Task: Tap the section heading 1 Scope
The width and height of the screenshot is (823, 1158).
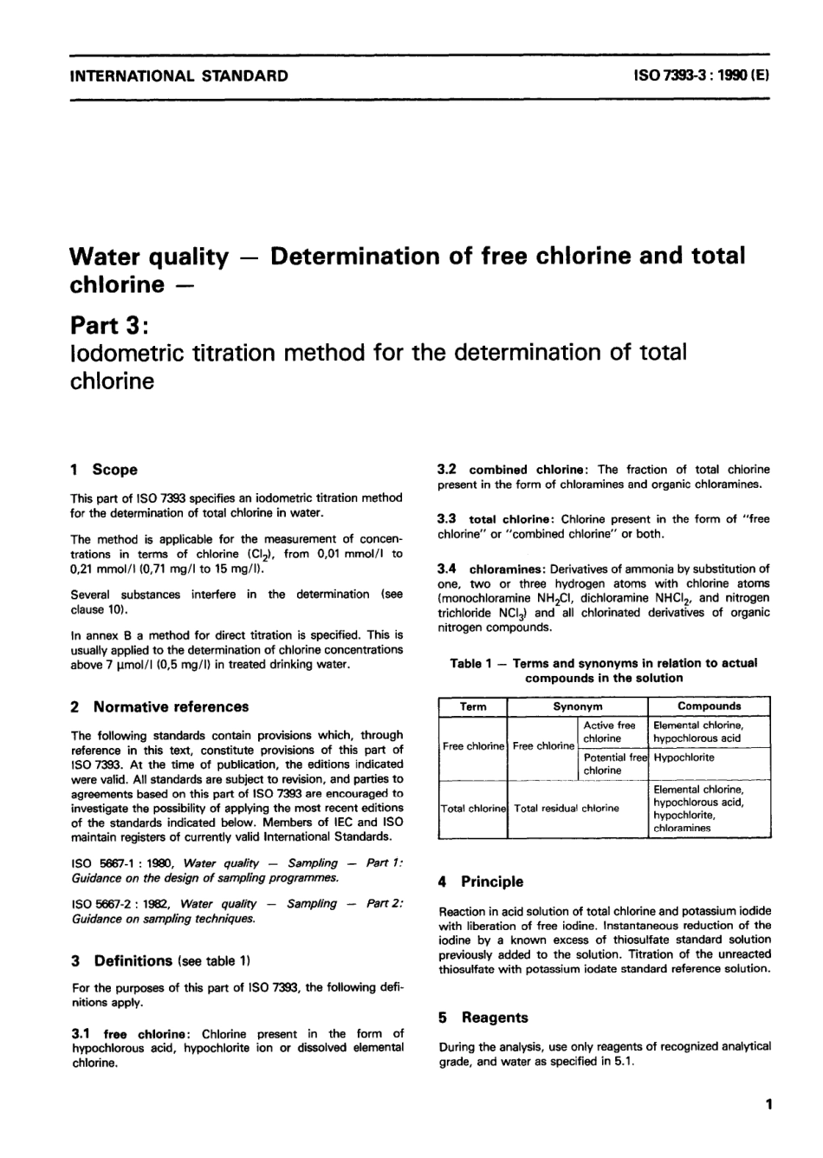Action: (103, 470)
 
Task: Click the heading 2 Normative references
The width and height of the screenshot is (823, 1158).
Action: (159, 706)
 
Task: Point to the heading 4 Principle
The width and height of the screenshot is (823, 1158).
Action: (481, 882)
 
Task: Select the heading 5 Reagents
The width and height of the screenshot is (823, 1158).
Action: (483, 1018)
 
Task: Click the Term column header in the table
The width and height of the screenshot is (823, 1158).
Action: (472, 706)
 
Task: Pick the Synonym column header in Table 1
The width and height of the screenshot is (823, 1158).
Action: (578, 706)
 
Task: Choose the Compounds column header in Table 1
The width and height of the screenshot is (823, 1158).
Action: (709, 706)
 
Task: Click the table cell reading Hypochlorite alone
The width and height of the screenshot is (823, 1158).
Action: (684, 758)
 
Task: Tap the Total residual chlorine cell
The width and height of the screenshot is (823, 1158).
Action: (567, 809)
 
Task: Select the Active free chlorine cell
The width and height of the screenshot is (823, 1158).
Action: (610, 732)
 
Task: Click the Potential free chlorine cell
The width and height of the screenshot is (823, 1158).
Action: (613, 764)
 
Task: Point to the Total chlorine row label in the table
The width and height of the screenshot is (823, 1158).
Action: (473, 809)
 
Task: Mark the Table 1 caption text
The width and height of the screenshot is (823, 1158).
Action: (604, 670)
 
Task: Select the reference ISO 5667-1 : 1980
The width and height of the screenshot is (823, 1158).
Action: (125, 863)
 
